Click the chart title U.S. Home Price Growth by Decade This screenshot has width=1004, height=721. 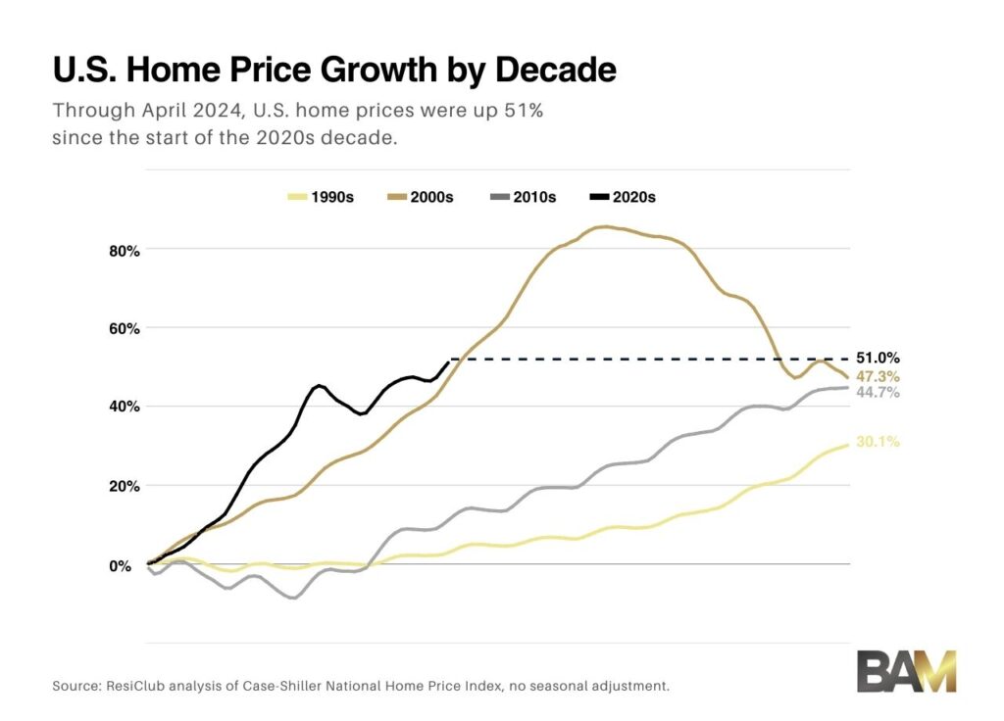[x=333, y=72]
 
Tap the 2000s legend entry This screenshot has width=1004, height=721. [x=421, y=197]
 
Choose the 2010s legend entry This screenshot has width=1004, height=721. [x=522, y=197]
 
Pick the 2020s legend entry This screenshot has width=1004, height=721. [x=622, y=197]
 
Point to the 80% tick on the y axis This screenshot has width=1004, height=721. [x=124, y=251]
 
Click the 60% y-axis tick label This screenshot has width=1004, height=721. [x=124, y=328]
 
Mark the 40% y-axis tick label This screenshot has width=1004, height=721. [x=124, y=407]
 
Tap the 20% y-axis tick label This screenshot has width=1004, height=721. [x=124, y=486]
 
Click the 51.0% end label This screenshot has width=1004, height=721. [x=878, y=359]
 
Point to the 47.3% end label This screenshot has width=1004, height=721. [x=878, y=376]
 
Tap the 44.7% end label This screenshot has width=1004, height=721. [x=878, y=392]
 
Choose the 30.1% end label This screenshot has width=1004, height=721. [x=878, y=442]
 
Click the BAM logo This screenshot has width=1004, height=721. [x=906, y=671]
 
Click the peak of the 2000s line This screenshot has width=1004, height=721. [x=604, y=226]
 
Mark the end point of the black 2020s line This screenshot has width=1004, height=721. [x=449, y=361]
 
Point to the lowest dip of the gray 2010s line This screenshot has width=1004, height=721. [x=292, y=598]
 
